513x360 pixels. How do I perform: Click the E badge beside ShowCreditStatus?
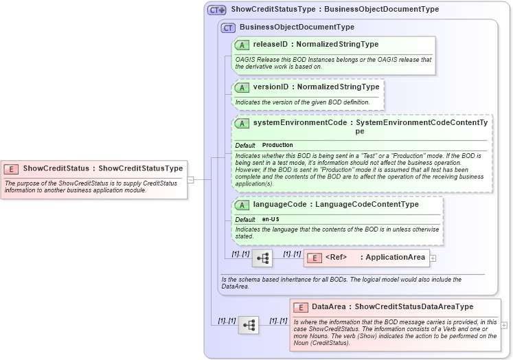[11, 168]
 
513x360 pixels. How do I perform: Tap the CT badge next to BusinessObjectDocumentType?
[228, 27]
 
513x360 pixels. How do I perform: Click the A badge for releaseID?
[242, 45]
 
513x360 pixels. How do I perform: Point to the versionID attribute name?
[270, 87]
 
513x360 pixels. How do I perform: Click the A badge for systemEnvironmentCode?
[242, 123]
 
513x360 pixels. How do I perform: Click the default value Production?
[277, 146]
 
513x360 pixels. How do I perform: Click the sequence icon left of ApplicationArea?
[262, 258]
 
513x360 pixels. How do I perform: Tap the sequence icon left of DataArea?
[249, 325]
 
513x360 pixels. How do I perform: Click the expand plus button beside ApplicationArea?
[433, 258]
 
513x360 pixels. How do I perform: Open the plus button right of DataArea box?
[505, 325]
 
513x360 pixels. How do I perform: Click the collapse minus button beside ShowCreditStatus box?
[191, 180]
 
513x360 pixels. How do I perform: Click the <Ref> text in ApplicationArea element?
[336, 258]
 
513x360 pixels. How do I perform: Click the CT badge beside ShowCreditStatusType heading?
[217, 10]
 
